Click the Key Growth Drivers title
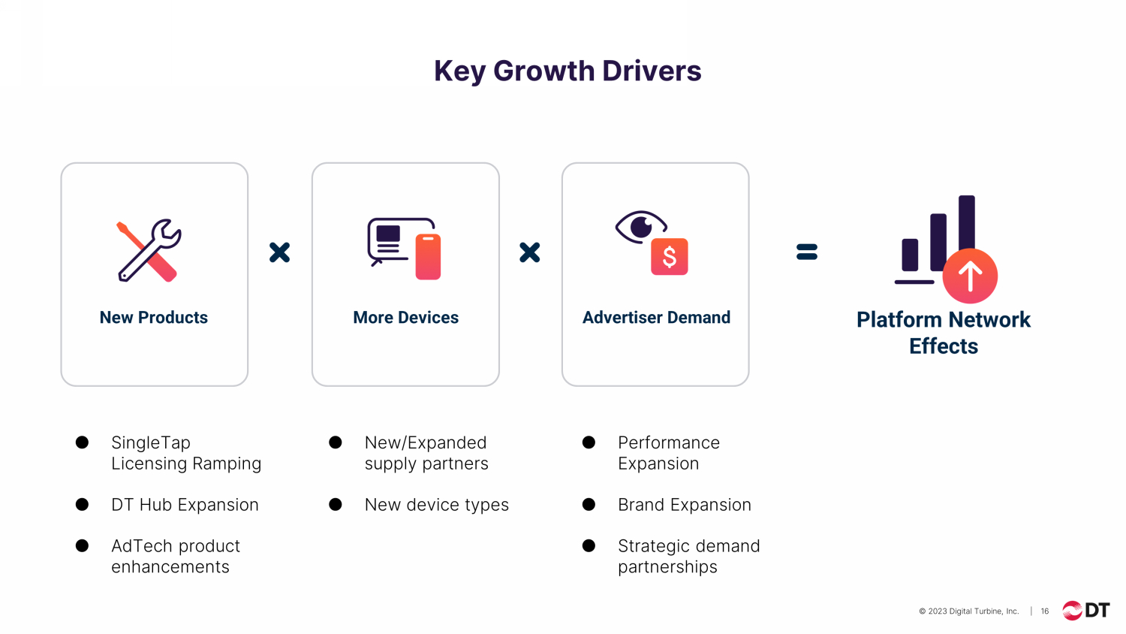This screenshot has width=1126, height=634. pyautogui.click(x=568, y=71)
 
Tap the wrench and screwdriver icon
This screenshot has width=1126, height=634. pyautogui.click(x=149, y=250)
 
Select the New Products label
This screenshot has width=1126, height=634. pyautogui.click(x=153, y=318)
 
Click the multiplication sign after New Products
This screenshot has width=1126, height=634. pyautogui.click(x=279, y=252)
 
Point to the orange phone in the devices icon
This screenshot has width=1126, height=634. pyautogui.click(x=428, y=257)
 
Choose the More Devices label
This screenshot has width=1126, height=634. pyautogui.click(x=405, y=318)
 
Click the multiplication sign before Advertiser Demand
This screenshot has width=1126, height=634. pyautogui.click(x=530, y=252)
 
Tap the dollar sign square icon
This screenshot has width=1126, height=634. pyautogui.click(x=670, y=257)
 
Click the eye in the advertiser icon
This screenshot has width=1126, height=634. pyautogui.click(x=641, y=226)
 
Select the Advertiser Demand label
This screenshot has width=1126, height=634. pyautogui.click(x=656, y=318)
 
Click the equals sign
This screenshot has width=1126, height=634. pyautogui.click(x=807, y=252)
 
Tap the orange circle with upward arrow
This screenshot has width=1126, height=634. pyautogui.click(x=970, y=276)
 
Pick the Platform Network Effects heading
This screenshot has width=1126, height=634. pyautogui.click(x=944, y=333)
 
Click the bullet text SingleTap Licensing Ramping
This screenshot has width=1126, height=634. pyautogui.click(x=186, y=453)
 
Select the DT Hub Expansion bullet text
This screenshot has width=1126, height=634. pyautogui.click(x=185, y=505)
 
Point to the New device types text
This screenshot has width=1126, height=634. pyautogui.click(x=437, y=505)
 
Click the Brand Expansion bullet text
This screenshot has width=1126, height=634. pyautogui.click(x=685, y=505)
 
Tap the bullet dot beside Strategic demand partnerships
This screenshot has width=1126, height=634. pyautogui.click(x=589, y=545)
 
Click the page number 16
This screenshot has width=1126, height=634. pyautogui.click(x=1045, y=611)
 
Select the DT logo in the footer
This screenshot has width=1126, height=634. pyautogui.click(x=1085, y=611)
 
